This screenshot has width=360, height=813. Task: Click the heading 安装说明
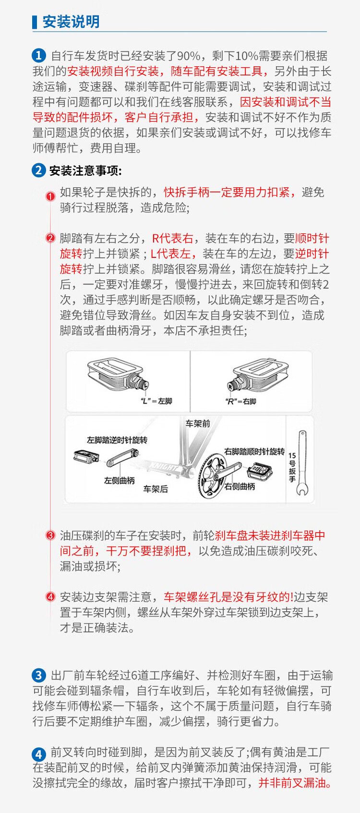(71, 22)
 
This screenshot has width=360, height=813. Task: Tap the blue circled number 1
(39, 56)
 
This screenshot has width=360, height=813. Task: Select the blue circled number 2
(39, 170)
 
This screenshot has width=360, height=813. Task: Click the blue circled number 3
(39, 676)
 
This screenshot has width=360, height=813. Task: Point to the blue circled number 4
(39, 754)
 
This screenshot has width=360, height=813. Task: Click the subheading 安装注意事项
(85, 170)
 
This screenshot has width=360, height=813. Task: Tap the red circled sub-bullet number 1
(50, 196)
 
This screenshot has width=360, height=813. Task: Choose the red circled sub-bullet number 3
(50, 535)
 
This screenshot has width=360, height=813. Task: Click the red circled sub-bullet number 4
(50, 597)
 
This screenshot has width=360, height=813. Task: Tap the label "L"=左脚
(156, 401)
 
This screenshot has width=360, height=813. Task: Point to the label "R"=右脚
(240, 401)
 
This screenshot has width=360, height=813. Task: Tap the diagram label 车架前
(198, 424)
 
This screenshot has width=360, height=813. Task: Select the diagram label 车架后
(156, 489)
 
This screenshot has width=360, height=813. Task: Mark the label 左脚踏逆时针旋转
(117, 440)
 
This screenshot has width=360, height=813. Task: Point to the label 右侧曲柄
(240, 486)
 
